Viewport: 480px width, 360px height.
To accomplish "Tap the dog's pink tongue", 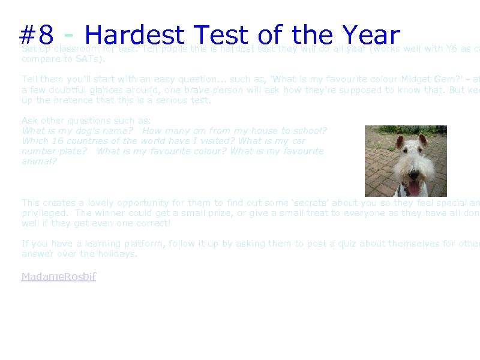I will pos(414,188).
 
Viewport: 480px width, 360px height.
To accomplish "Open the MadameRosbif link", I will pos(59,277).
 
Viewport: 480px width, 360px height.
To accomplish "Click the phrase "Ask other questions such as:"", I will pos(86,121).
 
